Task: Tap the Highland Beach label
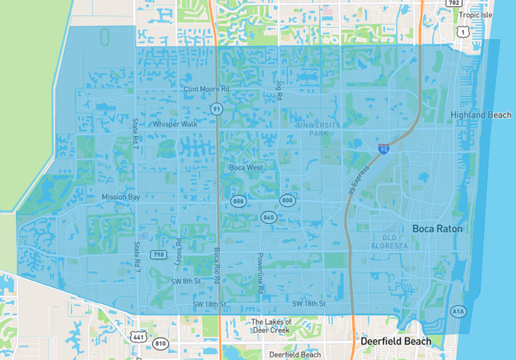480,115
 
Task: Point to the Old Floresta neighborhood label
389,242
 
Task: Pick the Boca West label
246,167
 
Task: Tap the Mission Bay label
121,197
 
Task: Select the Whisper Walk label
175,125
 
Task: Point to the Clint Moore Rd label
206,90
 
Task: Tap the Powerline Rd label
260,274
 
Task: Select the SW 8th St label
185,282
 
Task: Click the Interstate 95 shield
383,148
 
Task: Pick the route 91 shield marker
217,108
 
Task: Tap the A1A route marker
457,311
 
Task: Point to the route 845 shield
268,217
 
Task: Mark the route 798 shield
159,255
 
